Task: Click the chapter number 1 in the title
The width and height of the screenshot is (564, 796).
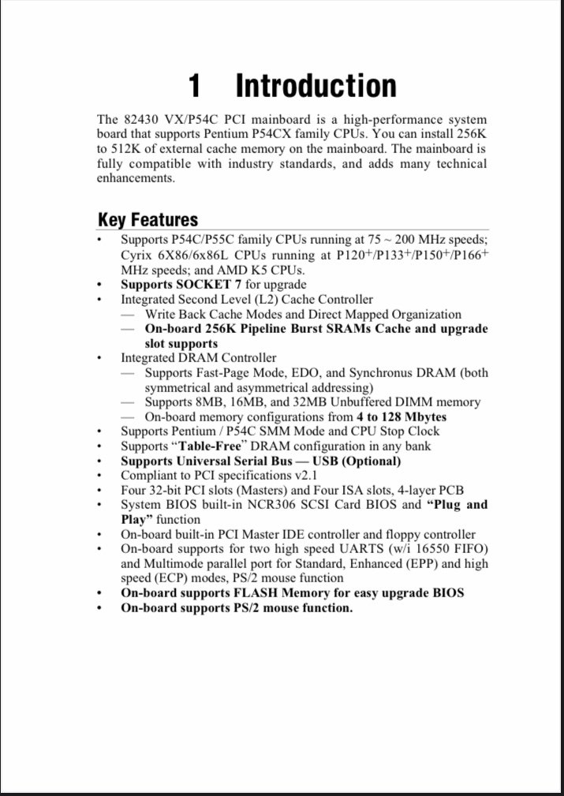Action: click(x=196, y=85)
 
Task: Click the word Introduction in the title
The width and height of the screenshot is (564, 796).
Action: click(x=316, y=85)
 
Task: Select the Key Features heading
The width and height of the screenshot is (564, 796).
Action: click(x=148, y=219)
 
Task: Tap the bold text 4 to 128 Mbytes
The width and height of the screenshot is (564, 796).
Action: click(x=402, y=417)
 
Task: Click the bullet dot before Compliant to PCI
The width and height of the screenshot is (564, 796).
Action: click(x=99, y=476)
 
